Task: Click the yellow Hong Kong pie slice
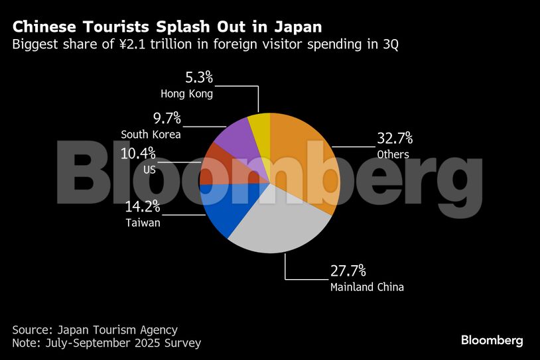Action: (x=261, y=125)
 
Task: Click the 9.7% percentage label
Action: (x=167, y=119)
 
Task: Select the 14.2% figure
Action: (x=143, y=207)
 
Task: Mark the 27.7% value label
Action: (x=348, y=271)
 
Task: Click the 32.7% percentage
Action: (x=395, y=139)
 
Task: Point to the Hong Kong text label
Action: (x=186, y=94)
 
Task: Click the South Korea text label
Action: (x=151, y=135)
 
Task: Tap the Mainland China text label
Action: (x=367, y=287)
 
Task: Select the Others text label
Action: (x=393, y=154)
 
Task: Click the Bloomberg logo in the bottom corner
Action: (x=492, y=340)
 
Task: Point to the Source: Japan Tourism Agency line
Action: (x=95, y=330)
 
